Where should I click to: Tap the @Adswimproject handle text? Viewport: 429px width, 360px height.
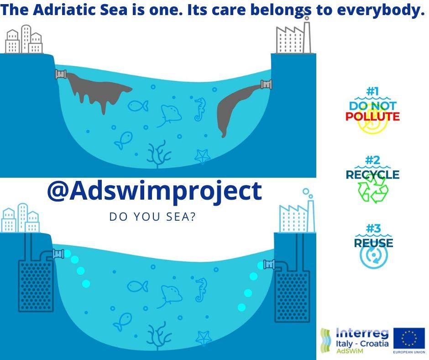[x=155, y=191]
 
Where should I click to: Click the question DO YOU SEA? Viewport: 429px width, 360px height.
[x=153, y=217]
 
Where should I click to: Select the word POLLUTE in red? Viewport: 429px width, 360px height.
[x=372, y=116]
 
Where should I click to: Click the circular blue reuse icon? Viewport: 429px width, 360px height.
[x=373, y=255]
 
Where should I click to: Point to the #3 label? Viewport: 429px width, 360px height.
[x=373, y=228]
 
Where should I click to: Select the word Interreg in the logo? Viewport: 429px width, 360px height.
[x=362, y=333]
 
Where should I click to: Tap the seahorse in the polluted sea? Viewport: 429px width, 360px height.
[x=200, y=109]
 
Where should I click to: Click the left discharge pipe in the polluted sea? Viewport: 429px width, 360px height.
[x=61, y=74]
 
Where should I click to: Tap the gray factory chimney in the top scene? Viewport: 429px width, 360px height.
[x=307, y=37]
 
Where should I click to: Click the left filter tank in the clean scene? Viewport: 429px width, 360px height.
[x=36, y=286]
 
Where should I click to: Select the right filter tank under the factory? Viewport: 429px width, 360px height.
[x=292, y=296]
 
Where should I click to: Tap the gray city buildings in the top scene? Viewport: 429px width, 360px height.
[x=24, y=39]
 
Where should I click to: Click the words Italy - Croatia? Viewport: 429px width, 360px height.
[x=362, y=343]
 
